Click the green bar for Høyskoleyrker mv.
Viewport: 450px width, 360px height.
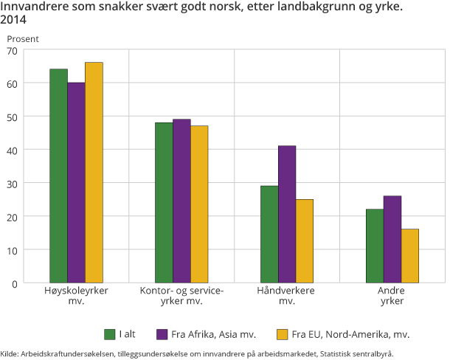(x=58, y=176)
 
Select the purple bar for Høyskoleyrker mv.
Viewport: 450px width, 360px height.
(x=76, y=182)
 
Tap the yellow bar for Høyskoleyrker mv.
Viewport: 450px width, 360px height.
(x=94, y=173)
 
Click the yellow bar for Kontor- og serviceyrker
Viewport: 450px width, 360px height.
(x=199, y=204)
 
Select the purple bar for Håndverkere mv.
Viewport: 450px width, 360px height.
(x=287, y=214)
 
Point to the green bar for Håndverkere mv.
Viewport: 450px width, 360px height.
(x=269, y=234)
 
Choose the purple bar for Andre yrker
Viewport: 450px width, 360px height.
(x=392, y=239)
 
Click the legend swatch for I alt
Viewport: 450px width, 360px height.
(x=110, y=333)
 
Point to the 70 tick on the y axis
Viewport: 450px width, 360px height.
(x=12, y=50)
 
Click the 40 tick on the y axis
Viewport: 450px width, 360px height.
(x=12, y=150)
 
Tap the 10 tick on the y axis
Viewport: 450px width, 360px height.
(x=12, y=249)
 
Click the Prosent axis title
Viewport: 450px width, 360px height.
(x=23, y=38)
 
